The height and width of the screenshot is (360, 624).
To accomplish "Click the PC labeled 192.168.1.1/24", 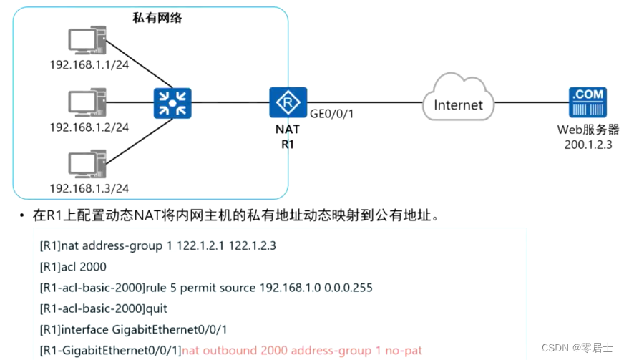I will pos(88,42).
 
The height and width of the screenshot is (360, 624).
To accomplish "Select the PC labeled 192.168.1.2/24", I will pos(88,103).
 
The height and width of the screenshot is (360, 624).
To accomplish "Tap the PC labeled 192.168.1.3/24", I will pos(88,165).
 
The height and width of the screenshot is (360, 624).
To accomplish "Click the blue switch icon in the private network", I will pos(171,102).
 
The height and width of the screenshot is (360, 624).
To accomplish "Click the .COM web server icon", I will pos(588,103).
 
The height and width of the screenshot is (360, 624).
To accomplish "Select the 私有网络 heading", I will pos(157,17).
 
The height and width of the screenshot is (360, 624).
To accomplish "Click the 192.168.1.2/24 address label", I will pos(89,127).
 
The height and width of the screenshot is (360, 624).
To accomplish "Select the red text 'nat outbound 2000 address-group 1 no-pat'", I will pos(302,350).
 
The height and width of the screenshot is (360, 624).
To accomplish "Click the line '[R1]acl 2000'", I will pos(73,266).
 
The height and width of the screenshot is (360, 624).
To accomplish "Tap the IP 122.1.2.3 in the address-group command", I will pos(251,245).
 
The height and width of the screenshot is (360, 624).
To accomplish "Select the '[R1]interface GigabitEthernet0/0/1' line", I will pos(133,329).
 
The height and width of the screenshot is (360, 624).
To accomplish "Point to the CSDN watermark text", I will pos(577,348).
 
